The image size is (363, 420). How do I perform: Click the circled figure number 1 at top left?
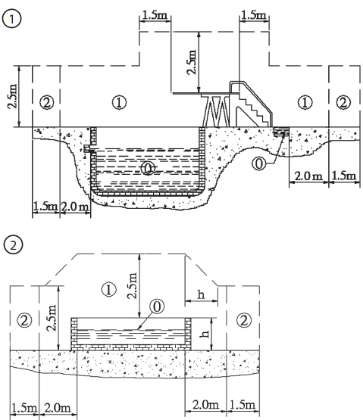click(11, 19)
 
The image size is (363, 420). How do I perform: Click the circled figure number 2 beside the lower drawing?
click(13, 245)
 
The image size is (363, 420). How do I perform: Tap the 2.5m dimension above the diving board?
click(192, 62)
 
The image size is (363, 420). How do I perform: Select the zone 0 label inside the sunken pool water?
click(148, 168)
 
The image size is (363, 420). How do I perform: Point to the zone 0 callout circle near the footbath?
click(258, 163)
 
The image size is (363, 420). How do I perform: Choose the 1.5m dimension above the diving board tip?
click(155, 15)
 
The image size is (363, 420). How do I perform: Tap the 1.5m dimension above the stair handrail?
click(254, 15)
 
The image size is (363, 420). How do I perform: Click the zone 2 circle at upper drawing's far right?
click(343, 103)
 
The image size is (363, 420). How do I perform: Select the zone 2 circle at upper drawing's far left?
click(47, 103)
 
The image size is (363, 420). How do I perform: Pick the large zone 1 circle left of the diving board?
click(119, 102)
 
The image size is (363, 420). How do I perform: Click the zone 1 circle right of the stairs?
click(305, 102)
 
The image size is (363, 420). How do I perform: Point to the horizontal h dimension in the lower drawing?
click(201, 295)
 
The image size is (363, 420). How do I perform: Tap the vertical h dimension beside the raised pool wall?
click(205, 334)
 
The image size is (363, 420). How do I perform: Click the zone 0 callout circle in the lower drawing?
click(157, 306)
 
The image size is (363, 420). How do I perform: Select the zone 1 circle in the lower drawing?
click(109, 290)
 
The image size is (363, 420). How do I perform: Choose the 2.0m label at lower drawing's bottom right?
click(205, 404)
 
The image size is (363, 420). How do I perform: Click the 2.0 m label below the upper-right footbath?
click(308, 176)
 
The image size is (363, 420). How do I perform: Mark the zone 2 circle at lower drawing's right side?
click(244, 320)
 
